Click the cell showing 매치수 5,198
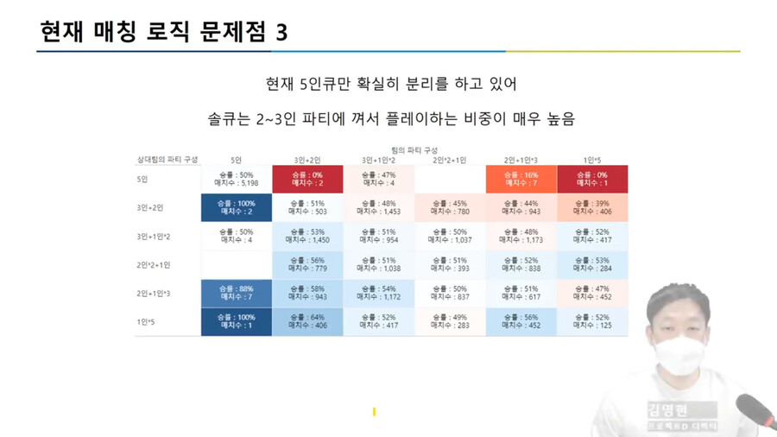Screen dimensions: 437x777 click(237, 179)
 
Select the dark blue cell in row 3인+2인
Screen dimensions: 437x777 click(237, 207)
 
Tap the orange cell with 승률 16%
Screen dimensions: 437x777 click(521, 179)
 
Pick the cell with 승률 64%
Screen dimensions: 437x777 click(307, 321)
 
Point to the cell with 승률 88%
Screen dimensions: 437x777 click(237, 293)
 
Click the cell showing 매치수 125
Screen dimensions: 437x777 click(592, 321)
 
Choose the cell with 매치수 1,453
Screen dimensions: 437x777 click(378, 207)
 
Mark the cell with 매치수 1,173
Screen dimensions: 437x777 click(521, 236)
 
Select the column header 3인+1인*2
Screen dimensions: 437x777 click(378, 160)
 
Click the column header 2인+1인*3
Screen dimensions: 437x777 click(521, 160)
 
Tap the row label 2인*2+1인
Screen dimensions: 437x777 click(154, 265)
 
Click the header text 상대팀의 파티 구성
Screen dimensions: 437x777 click(167, 160)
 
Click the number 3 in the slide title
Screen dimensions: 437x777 click(281, 33)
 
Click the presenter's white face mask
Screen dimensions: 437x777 click(681, 353)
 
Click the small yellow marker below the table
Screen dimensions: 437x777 click(374, 412)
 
